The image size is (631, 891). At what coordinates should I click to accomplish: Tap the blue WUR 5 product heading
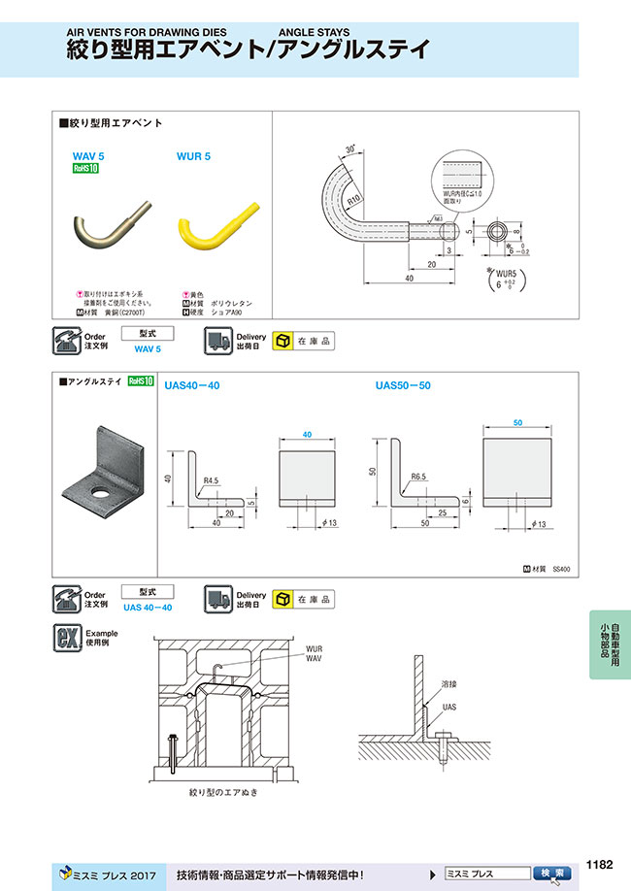tap(194, 155)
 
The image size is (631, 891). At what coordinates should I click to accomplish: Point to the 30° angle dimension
tap(349, 151)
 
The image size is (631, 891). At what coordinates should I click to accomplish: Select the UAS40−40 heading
tap(192, 385)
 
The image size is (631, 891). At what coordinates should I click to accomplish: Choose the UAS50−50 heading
tap(403, 385)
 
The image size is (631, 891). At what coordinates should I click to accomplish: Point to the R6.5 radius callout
tap(419, 478)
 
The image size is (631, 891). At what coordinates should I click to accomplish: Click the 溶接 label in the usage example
tap(448, 684)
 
